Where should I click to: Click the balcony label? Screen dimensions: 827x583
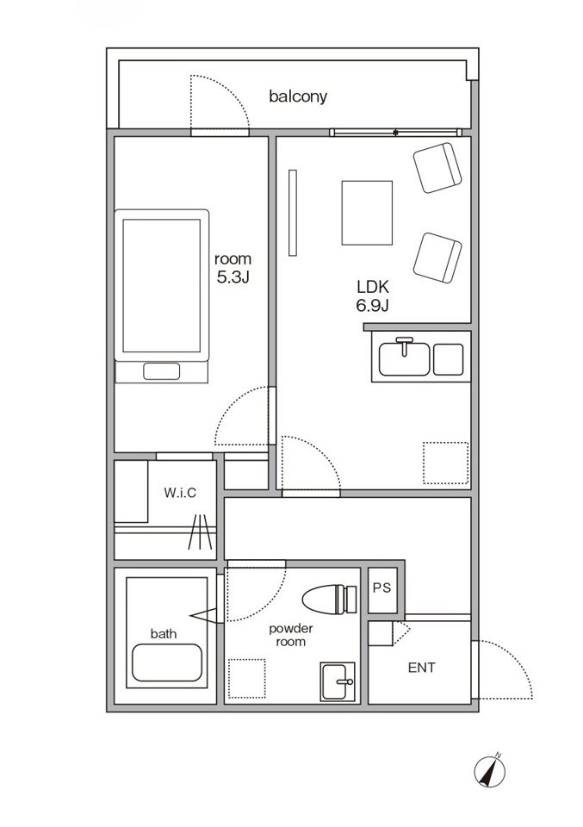[x=298, y=96]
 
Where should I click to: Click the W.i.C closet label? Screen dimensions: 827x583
[x=180, y=493]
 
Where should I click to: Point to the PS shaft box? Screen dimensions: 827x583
[x=381, y=589]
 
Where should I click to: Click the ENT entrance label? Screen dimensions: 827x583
[x=421, y=668]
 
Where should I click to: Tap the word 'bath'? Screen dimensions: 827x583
[x=164, y=633]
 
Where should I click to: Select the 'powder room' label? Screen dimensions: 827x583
[x=291, y=635]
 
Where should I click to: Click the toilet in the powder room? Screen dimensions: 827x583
[x=330, y=598]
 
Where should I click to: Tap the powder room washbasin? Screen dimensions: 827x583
[x=338, y=681]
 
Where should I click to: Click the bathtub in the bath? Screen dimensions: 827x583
[x=167, y=664]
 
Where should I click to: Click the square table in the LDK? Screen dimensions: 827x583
[x=367, y=213]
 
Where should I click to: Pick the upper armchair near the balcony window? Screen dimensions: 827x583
[x=439, y=168]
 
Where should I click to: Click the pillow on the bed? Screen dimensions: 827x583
[x=161, y=372]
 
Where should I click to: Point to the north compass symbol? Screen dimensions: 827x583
[x=488, y=769]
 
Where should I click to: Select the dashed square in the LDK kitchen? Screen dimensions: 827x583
[x=445, y=463]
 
